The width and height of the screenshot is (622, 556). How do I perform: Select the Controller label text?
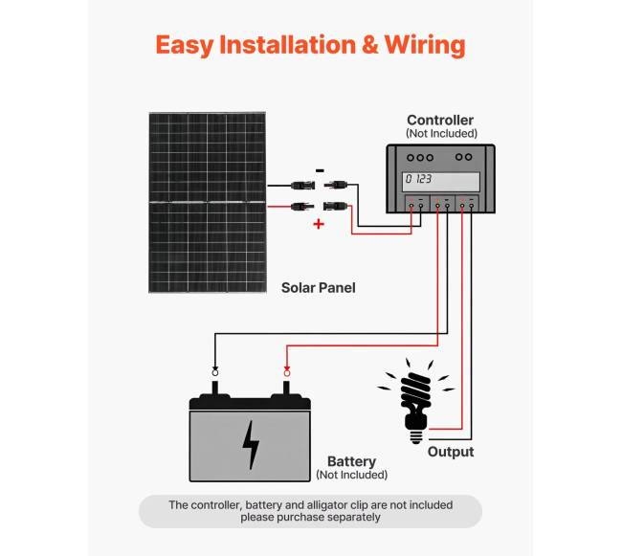(440, 120)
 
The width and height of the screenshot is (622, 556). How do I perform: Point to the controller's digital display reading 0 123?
(441, 180)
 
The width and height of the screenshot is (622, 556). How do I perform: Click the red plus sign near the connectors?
(319, 224)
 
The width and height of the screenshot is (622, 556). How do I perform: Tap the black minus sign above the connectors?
(319, 170)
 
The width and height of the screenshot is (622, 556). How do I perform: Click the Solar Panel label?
(318, 287)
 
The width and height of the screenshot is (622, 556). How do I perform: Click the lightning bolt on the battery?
(251, 445)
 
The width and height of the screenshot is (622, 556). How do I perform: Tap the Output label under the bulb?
(451, 452)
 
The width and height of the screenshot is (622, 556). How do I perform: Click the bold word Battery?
(351, 460)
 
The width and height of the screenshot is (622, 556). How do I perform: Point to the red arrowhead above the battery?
(286, 370)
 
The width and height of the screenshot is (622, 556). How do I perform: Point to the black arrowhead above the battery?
(214, 370)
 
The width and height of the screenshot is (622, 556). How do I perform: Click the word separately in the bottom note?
(348, 518)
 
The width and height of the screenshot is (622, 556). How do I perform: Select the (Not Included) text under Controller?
(441, 134)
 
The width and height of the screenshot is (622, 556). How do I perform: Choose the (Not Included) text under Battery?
(351, 475)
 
